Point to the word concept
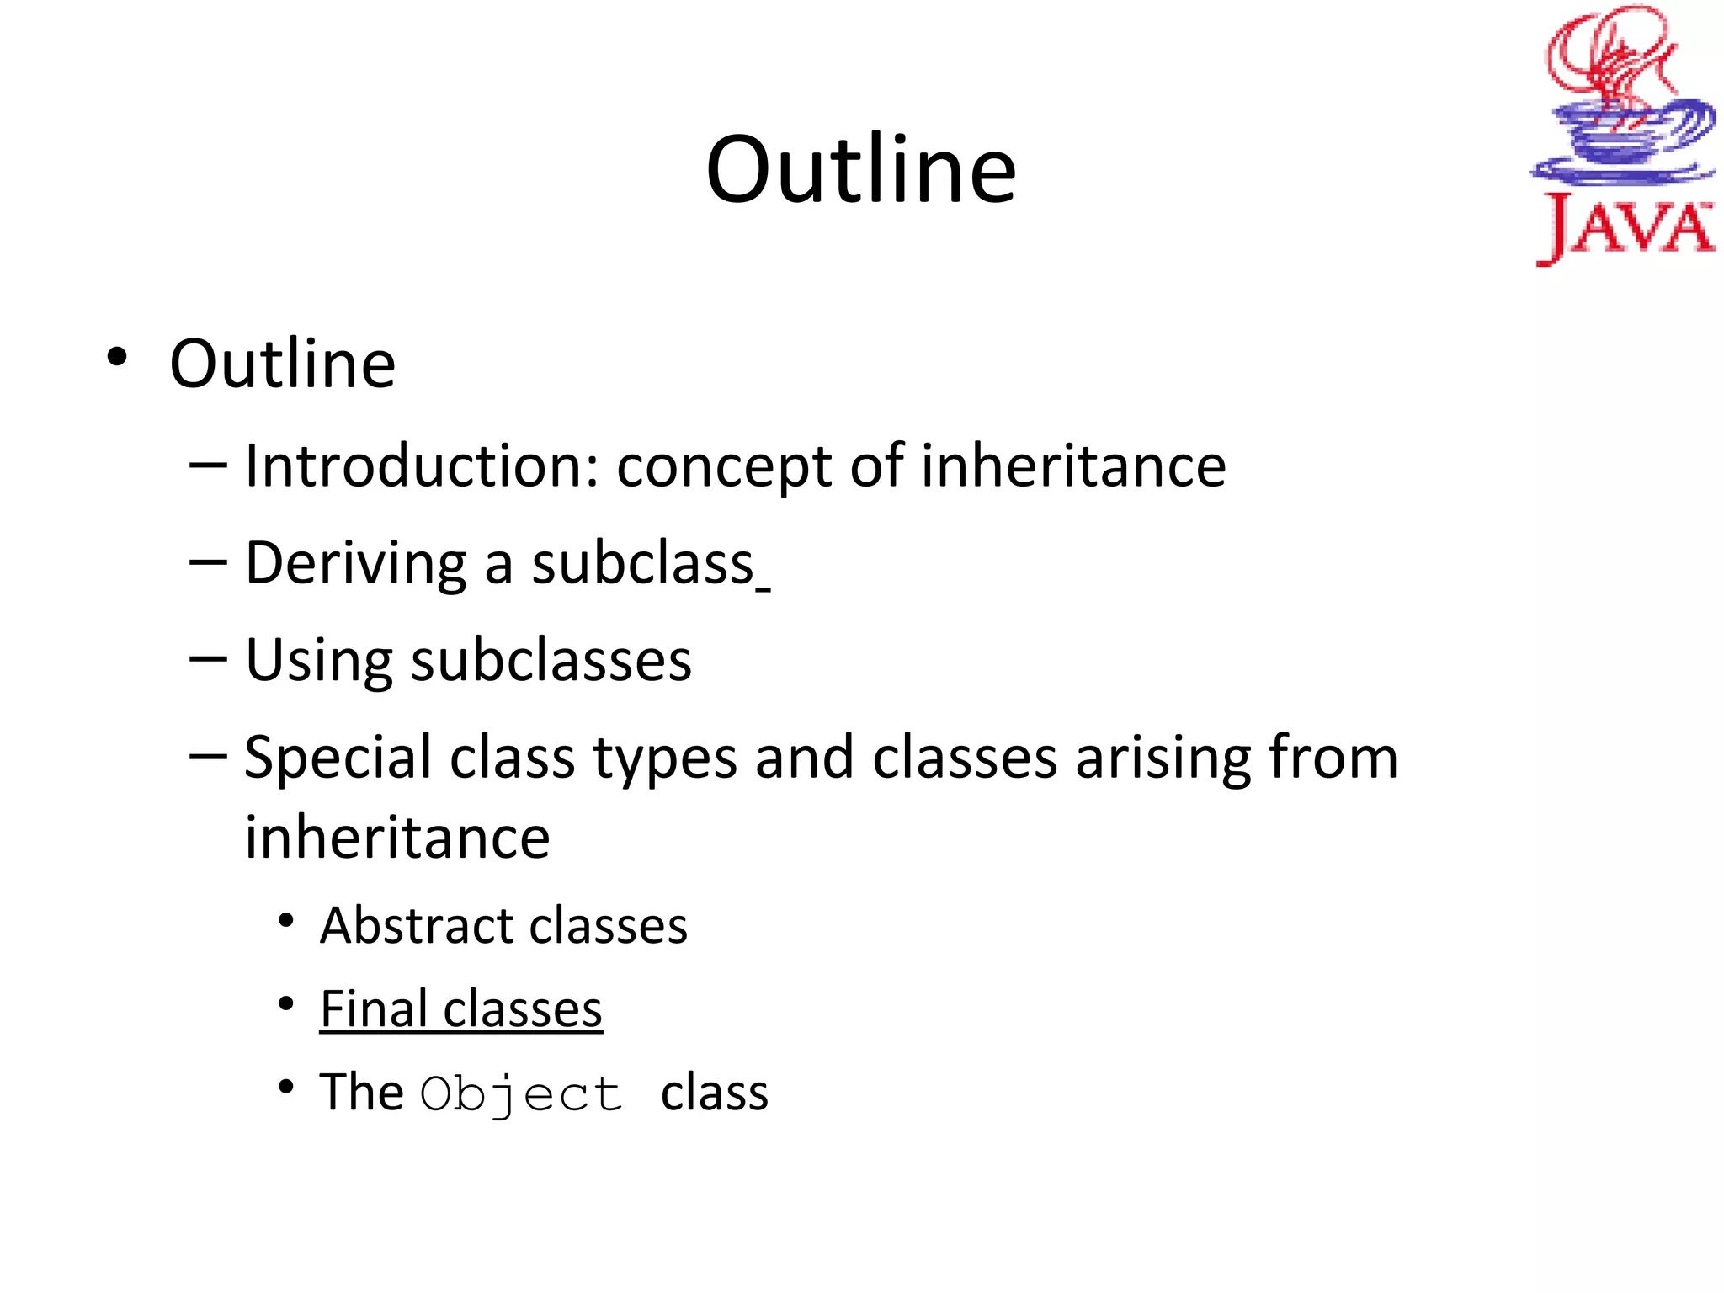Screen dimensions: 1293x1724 [724, 468]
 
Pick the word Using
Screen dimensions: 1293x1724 [318, 662]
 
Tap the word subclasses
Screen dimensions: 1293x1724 [551, 660]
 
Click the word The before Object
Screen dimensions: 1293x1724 [361, 1093]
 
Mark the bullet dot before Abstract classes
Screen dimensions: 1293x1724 [287, 920]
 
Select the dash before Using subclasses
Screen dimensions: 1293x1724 [208, 657]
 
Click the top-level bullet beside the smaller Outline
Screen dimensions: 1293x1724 [117, 357]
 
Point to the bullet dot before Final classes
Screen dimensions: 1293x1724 [287, 1003]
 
